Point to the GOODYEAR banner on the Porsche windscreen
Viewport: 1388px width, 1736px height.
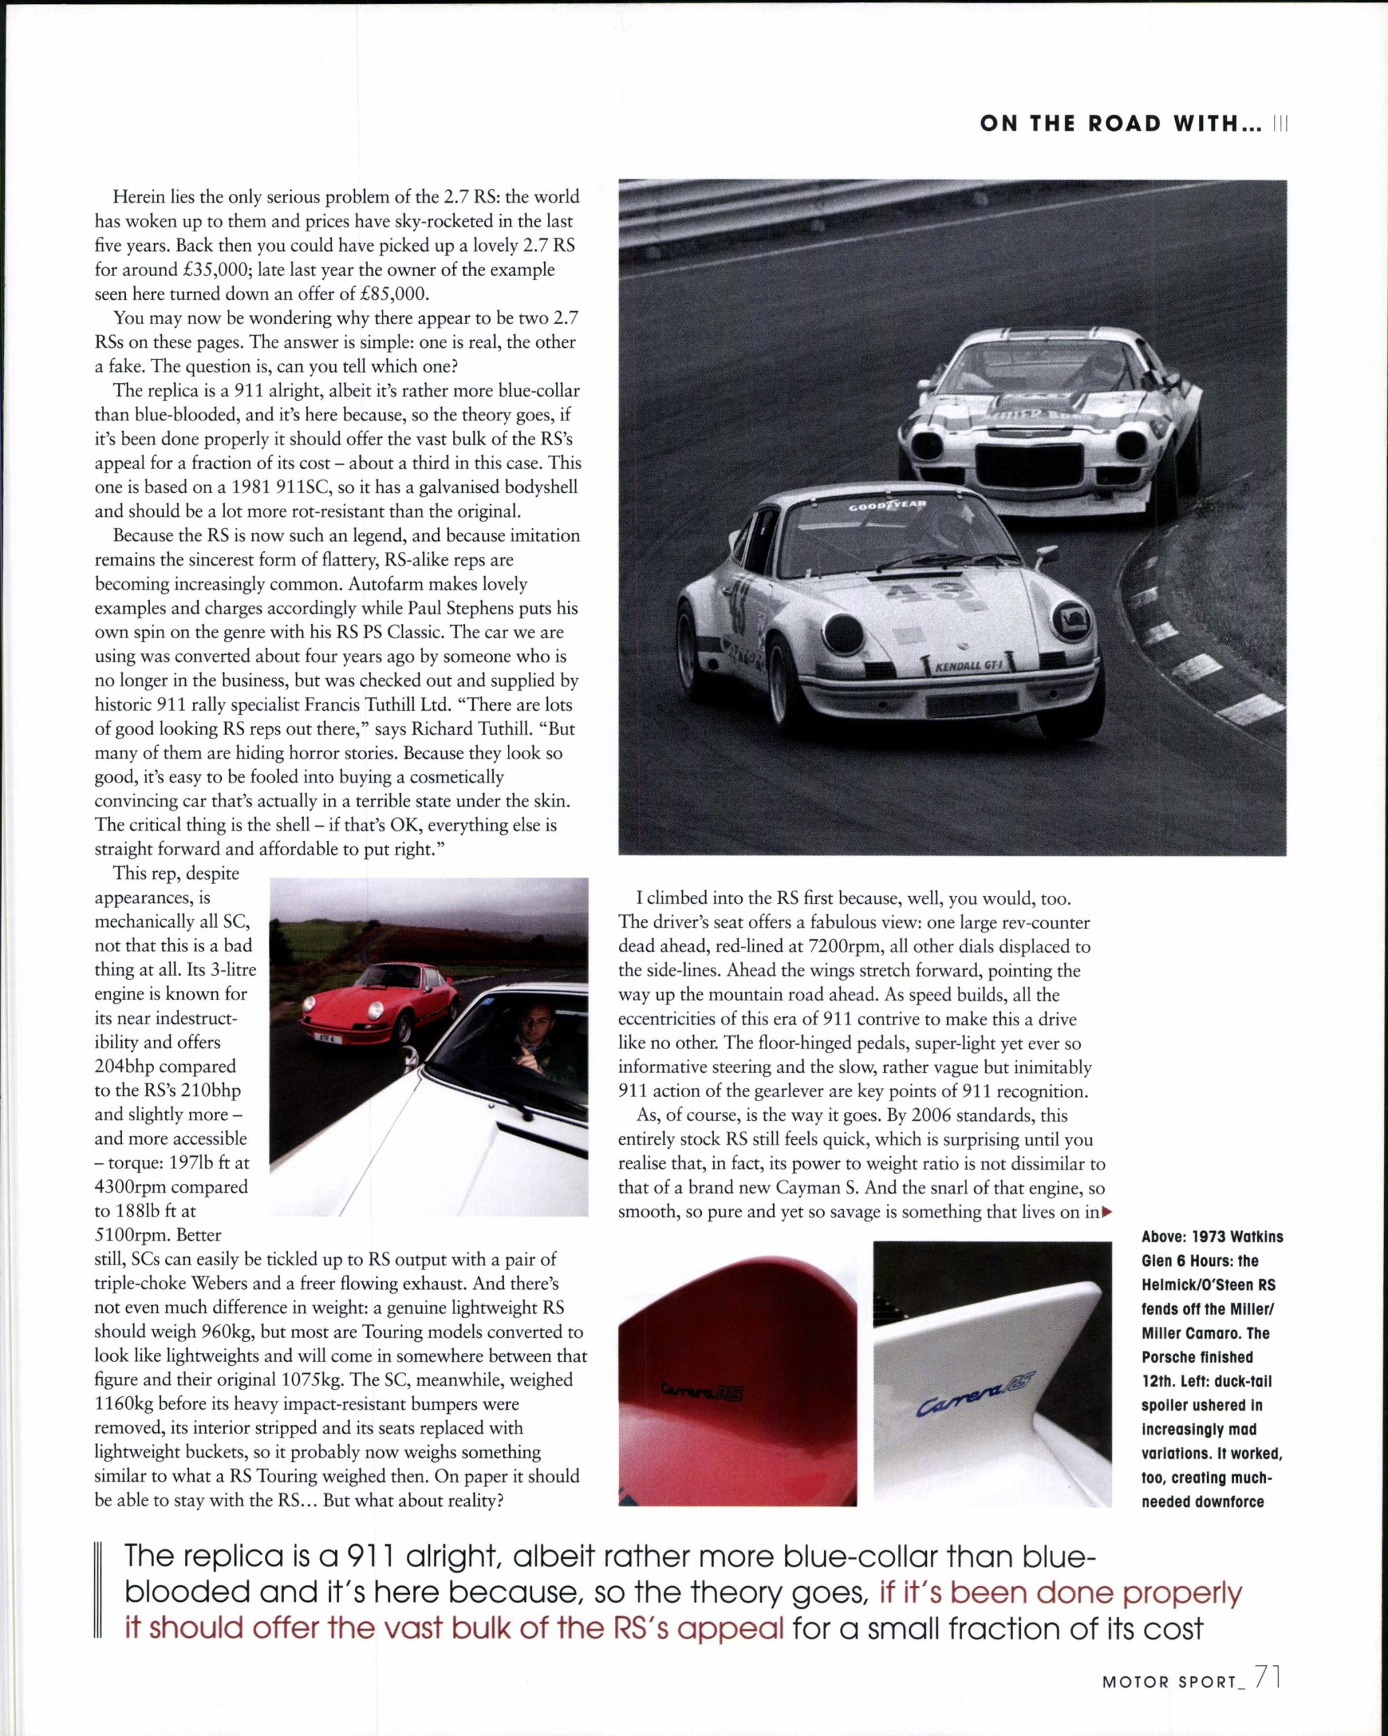click(887, 506)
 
